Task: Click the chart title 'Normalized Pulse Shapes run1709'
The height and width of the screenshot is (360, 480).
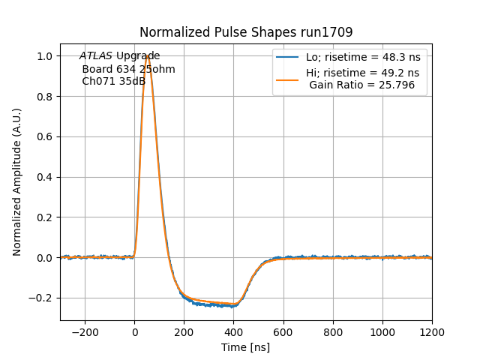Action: pyautogui.click(x=246, y=32)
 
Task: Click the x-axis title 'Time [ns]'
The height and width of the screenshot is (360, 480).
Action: pyautogui.click(x=245, y=347)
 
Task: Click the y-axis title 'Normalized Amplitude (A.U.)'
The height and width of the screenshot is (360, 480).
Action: pyautogui.click(x=17, y=182)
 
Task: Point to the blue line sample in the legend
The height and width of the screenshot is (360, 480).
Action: pyautogui.click(x=287, y=57)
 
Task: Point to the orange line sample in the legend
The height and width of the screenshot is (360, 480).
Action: pyautogui.click(x=287, y=73)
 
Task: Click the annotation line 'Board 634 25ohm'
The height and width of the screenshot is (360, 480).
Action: pyautogui.click(x=128, y=69)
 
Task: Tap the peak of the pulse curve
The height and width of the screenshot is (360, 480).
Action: pyautogui.click(x=147, y=57)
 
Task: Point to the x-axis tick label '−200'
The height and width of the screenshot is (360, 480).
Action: pyautogui.click(x=85, y=332)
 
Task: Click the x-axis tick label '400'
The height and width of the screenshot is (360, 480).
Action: pyautogui.click(x=308, y=332)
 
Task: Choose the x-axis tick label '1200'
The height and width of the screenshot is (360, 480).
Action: pyautogui.click(x=432, y=332)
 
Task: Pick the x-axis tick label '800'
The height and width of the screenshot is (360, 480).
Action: pyautogui.click(x=333, y=332)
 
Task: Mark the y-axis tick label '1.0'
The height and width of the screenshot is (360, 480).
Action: pyautogui.click(x=44, y=56)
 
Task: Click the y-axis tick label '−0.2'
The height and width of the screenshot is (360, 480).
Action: pyautogui.click(x=41, y=298)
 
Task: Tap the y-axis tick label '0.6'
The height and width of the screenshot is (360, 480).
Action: pyautogui.click(x=44, y=136)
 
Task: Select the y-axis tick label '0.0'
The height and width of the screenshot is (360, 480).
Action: pyautogui.click(x=44, y=257)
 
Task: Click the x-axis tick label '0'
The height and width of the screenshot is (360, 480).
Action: pyautogui.click(x=135, y=332)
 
